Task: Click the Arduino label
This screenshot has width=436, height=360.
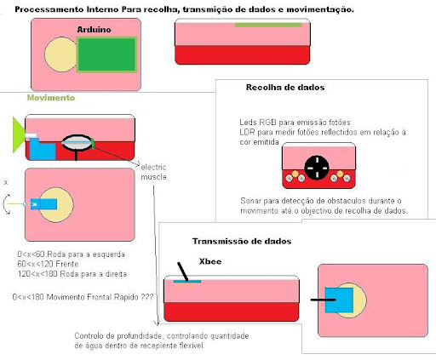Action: [94, 30]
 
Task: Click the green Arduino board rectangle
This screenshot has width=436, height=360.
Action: [106, 54]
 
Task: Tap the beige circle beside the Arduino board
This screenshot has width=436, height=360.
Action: [60, 54]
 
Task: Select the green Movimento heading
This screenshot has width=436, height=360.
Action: [51, 98]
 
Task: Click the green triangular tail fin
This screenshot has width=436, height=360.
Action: [19, 134]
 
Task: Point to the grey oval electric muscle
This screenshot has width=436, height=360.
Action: [77, 142]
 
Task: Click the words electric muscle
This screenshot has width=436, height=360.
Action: [153, 172]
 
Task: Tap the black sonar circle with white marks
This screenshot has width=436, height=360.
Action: [317, 168]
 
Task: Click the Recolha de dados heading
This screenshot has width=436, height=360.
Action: [285, 88]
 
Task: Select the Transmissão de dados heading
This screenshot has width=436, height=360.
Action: [242, 241]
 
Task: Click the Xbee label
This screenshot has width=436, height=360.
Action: [210, 261]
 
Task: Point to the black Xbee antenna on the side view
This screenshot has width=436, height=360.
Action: [183, 271]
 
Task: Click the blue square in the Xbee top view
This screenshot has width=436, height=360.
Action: [339, 300]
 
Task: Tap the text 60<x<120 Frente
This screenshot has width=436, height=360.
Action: [48, 264]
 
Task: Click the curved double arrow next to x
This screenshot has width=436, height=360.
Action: [7, 204]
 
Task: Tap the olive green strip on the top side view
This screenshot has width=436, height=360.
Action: [268, 26]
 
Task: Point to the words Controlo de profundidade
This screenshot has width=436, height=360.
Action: [118, 336]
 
